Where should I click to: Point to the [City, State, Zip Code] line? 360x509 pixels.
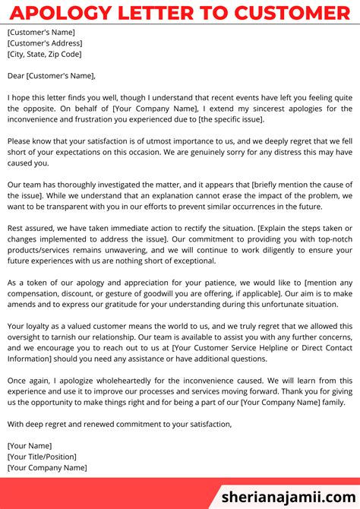coord(44,55)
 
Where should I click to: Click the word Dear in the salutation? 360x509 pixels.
coord(17,76)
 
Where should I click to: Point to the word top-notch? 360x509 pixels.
coord(333,239)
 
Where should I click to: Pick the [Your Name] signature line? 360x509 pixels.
coord(30,446)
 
